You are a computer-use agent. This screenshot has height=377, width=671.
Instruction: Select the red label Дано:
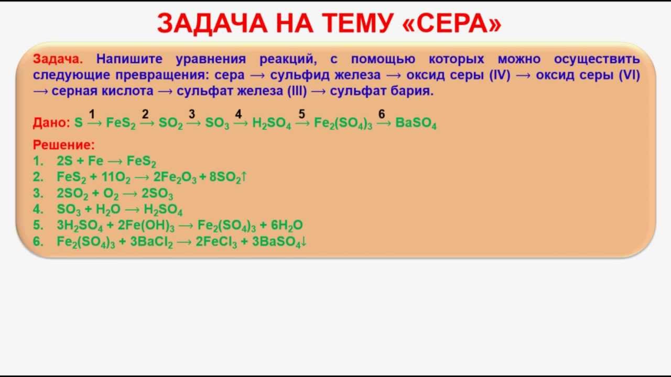click(51, 123)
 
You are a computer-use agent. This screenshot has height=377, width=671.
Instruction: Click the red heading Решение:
click(63, 145)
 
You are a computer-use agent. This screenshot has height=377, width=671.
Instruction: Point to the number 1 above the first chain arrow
click(92, 114)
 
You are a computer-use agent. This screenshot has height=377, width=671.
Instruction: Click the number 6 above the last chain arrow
click(382, 114)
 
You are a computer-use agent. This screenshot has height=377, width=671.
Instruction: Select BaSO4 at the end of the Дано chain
click(416, 124)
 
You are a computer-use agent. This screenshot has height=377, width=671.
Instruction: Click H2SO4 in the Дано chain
click(271, 124)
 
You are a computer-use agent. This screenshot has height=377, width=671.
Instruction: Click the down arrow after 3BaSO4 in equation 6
click(304, 242)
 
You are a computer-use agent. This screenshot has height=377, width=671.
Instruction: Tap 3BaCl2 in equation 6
click(148, 242)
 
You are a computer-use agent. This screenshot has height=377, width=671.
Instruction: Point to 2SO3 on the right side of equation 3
click(157, 194)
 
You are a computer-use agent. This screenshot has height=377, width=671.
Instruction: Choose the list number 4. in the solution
click(38, 210)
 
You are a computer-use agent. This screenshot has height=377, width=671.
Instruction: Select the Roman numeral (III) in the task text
click(297, 91)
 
